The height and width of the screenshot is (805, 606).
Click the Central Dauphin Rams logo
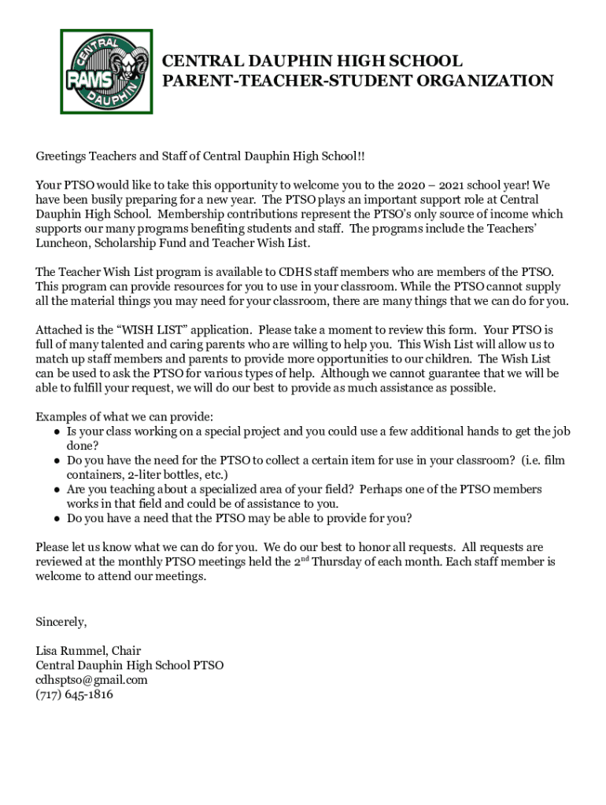point(106,72)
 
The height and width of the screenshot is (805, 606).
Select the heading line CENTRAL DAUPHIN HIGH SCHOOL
point(312,61)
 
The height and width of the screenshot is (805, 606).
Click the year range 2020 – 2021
point(430,186)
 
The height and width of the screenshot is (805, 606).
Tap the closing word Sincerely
point(61,622)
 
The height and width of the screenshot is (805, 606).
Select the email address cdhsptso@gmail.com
point(91,679)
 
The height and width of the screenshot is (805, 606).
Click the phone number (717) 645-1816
point(75,694)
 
